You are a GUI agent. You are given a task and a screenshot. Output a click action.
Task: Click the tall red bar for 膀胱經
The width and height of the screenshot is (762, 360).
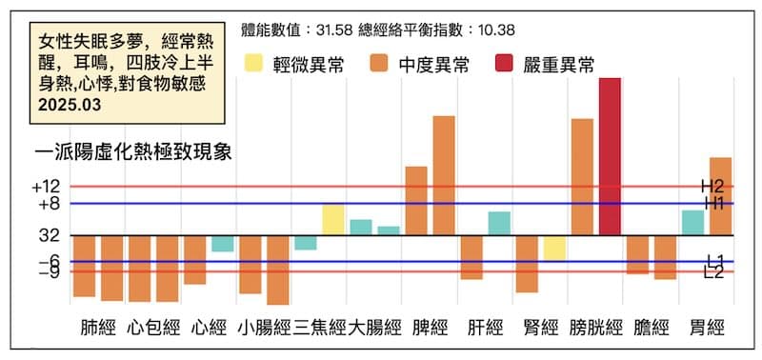610,156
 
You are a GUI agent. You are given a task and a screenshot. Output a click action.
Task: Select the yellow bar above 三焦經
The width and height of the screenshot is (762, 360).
333,220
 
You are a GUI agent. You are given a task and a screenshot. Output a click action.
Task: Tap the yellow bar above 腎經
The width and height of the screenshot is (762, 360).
554,248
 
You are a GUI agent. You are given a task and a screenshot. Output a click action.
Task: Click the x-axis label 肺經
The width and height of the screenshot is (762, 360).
99,330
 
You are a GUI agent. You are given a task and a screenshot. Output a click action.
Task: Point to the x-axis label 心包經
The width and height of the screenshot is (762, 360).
154,330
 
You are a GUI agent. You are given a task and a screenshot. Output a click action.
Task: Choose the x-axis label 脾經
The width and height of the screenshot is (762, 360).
431,330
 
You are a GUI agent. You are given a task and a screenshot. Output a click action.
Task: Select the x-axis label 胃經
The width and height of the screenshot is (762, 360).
706,330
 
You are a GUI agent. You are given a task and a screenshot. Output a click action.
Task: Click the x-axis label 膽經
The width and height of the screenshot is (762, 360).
652,330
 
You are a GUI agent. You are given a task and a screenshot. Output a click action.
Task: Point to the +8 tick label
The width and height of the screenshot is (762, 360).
49,204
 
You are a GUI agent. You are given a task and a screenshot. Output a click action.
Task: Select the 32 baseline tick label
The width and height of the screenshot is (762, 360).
50,234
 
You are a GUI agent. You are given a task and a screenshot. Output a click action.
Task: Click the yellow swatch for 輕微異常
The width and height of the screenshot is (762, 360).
255,65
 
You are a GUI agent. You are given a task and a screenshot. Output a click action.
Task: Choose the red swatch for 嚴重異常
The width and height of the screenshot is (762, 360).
506,65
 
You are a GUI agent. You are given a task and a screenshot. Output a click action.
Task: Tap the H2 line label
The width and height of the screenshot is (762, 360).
713,187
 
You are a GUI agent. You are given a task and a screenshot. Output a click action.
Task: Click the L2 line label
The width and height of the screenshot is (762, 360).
715,274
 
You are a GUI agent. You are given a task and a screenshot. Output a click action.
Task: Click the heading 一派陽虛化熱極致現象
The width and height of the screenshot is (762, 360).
132,152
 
